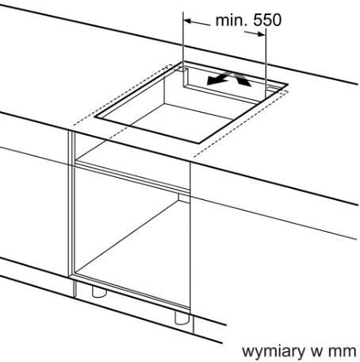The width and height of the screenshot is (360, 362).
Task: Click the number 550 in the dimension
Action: click(267, 20)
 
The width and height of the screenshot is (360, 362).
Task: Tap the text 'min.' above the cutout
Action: click(231, 20)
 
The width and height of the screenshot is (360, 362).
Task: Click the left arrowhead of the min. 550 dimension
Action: click(188, 21)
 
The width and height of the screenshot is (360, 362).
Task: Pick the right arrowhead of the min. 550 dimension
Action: click(261, 34)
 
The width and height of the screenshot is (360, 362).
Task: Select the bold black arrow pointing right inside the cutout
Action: click(242, 79)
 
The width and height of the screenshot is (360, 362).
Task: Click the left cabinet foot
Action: click(99, 291)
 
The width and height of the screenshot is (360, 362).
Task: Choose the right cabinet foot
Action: click(182, 318)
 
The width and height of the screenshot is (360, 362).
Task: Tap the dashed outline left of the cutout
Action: click(121, 94)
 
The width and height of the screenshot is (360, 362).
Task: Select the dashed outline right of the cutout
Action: click(240, 124)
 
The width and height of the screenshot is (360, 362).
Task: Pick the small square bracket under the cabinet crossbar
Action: click(182, 198)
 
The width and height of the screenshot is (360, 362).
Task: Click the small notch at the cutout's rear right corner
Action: click(271, 89)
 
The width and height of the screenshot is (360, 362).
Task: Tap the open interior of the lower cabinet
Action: click(132, 238)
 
